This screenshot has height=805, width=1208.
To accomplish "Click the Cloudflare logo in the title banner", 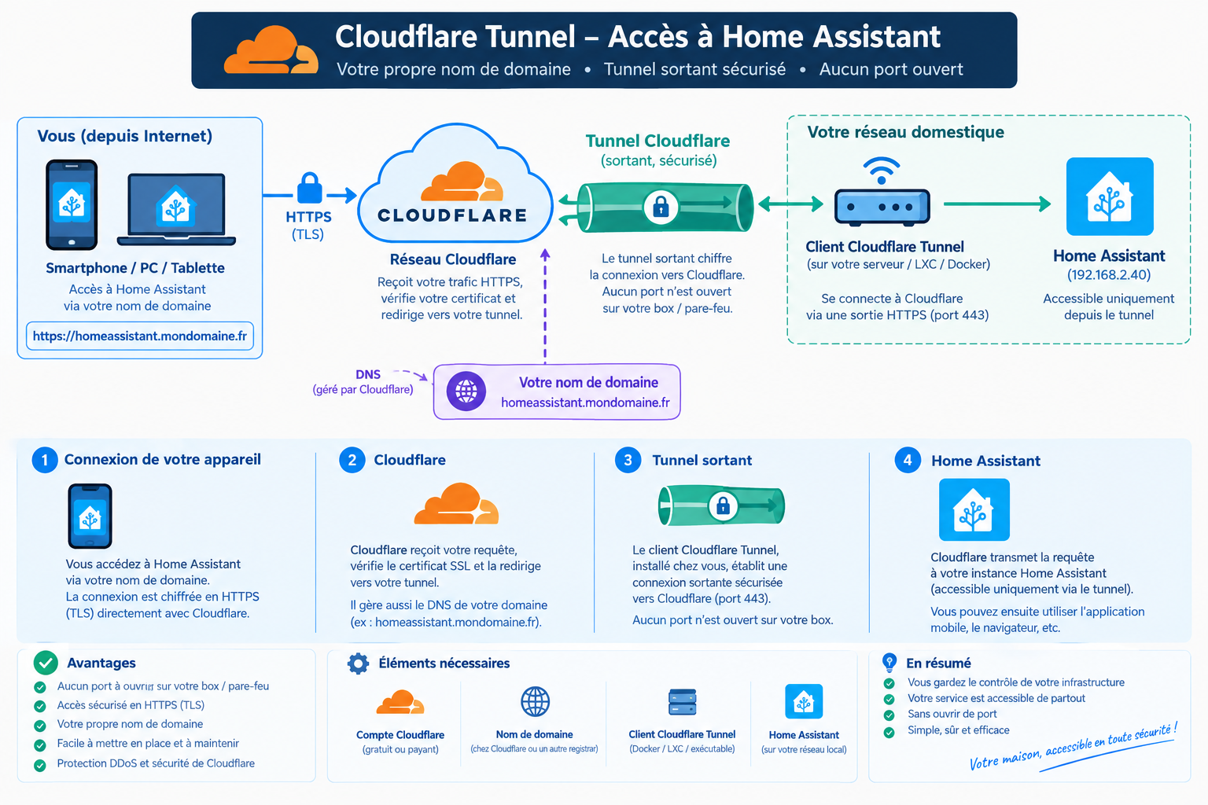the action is tap(271, 50).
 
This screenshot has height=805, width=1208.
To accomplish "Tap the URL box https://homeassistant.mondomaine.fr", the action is tap(140, 336).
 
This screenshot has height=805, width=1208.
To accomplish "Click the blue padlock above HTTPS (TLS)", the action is tap(310, 188).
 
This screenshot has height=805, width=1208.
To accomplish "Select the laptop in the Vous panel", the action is tap(176, 209).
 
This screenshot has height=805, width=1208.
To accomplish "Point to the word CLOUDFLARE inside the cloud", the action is tap(452, 215).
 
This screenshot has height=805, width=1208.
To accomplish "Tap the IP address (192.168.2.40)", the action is tap(1109, 275).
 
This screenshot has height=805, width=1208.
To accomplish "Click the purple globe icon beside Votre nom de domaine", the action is tap(466, 391).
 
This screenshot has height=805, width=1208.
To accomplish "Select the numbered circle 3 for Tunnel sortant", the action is tap(628, 460).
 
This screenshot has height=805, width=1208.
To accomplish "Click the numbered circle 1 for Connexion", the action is tap(45, 460).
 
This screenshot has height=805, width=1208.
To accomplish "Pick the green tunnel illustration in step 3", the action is tap(721, 505).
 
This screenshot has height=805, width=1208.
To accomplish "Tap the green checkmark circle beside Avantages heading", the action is tap(46, 663).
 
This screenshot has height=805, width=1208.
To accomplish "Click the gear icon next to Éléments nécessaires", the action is tap(358, 663).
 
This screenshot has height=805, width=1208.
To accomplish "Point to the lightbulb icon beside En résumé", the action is tap(889, 662).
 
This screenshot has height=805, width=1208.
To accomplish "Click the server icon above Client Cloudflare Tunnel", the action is tap(682, 701).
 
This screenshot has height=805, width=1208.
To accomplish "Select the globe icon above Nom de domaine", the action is tap(535, 701).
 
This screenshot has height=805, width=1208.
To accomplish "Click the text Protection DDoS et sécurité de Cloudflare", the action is tap(156, 763).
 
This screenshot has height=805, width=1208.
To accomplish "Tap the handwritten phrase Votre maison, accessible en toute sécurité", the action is tap(1073, 747).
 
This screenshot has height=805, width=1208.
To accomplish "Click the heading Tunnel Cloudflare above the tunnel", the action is tap(657, 142).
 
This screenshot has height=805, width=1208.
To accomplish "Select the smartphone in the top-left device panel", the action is tap(72, 205).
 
